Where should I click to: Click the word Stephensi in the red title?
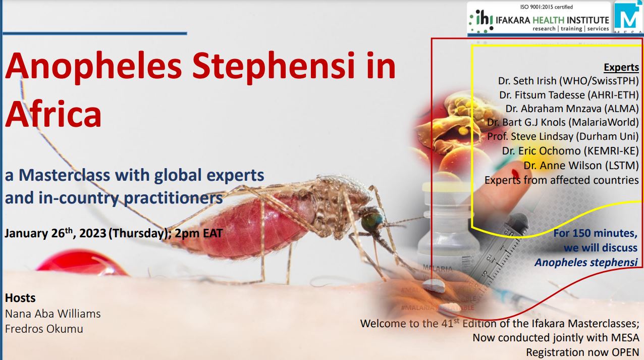pyautogui.click(x=274, y=67)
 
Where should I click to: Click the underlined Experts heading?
pyautogui.click(x=621, y=67)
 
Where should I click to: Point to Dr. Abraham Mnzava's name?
pyautogui.click(x=552, y=109)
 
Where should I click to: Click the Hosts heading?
pyautogui.click(x=20, y=298)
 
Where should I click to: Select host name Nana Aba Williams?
pyautogui.click(x=53, y=314)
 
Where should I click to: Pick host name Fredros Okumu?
pyautogui.click(x=44, y=329)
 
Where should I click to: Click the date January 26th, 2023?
pyautogui.click(x=56, y=233)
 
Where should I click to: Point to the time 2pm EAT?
pyautogui.click(x=199, y=233)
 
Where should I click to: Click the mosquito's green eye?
pyautogui.click(x=372, y=221)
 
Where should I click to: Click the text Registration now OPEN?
pyautogui.click(x=582, y=352)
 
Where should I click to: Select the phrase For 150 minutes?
pyautogui.click(x=595, y=233)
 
